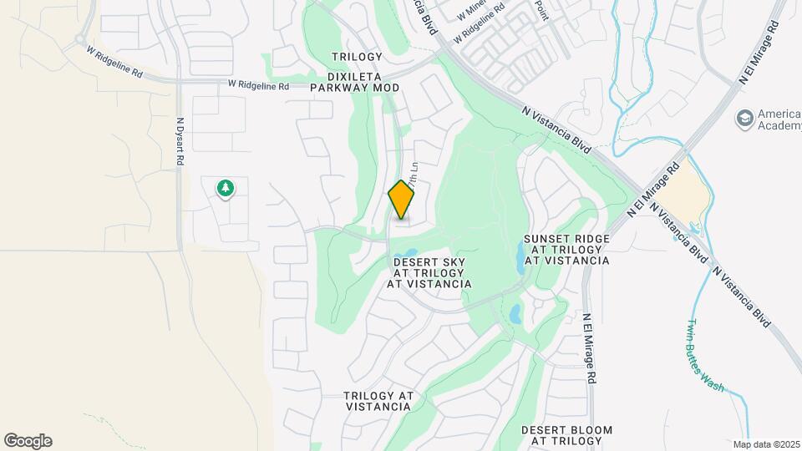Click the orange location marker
pyautogui.click(x=402, y=200)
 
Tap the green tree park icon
pyautogui.click(x=224, y=188)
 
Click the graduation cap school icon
pyautogui.click(x=743, y=119)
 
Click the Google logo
pyautogui.click(x=28, y=440)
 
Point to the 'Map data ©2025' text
pyautogui.click(x=766, y=444)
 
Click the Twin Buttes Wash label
pyautogui.click(x=703, y=355)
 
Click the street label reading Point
pyautogui.click(x=541, y=10)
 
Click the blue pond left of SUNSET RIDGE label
pyautogui.click(x=520, y=261)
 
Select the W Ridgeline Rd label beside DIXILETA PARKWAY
pyautogui.click(x=258, y=85)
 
